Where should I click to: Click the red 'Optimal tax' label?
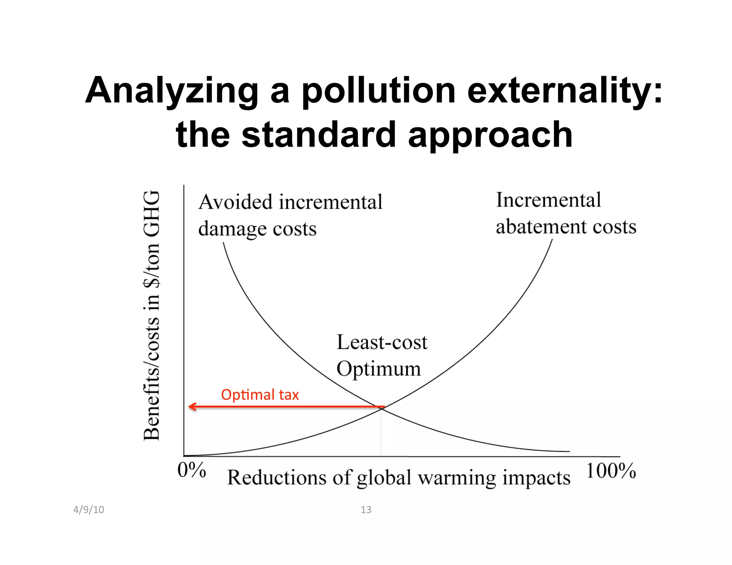(x=260, y=395)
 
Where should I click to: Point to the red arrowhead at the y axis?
(x=192, y=406)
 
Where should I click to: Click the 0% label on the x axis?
(x=192, y=470)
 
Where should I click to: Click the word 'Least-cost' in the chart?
(x=382, y=342)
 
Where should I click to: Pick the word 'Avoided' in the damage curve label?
(x=236, y=202)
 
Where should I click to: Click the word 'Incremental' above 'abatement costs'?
(x=548, y=200)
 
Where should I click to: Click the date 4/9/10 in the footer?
(x=89, y=510)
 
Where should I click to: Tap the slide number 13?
(x=366, y=510)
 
